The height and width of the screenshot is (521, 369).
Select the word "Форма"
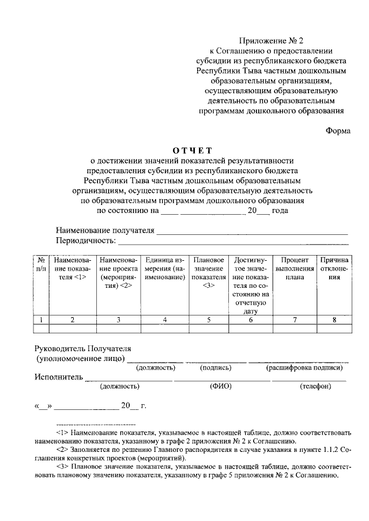(x=338, y=130)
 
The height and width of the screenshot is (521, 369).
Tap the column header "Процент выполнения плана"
(x=295, y=268)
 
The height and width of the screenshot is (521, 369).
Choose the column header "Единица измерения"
(x=165, y=268)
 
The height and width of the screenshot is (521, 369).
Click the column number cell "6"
(x=251, y=320)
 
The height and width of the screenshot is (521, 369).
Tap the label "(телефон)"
(x=315, y=387)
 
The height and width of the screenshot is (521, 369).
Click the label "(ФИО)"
(x=221, y=387)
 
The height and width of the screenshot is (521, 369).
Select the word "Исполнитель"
(x=58, y=378)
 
